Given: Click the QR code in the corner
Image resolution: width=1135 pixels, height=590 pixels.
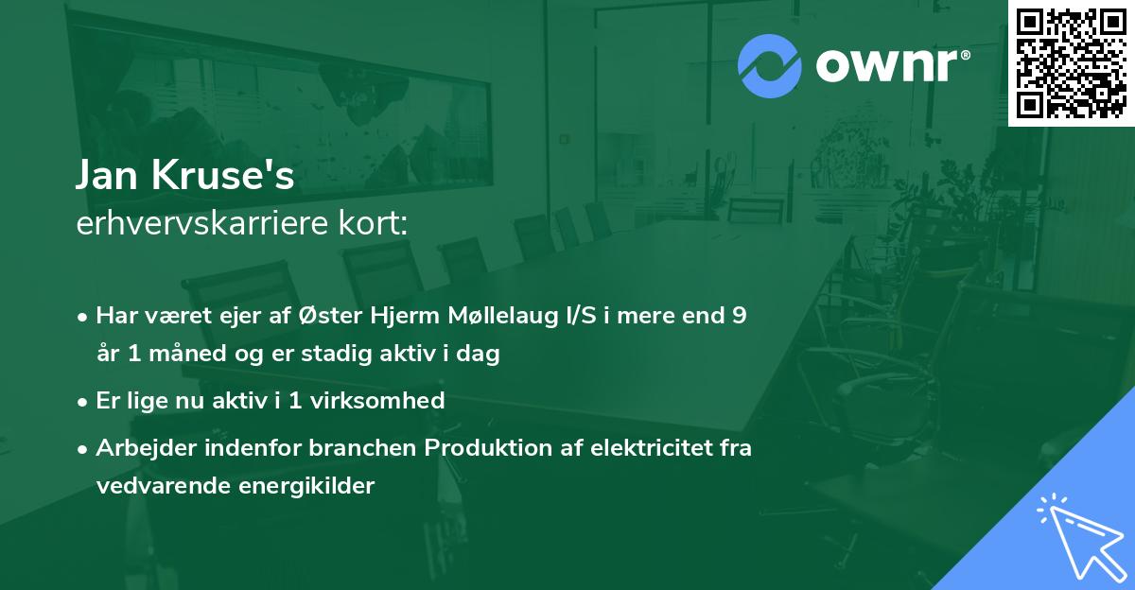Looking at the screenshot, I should click(1071, 62).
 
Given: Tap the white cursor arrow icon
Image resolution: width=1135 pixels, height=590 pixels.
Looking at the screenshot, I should click(1081, 538).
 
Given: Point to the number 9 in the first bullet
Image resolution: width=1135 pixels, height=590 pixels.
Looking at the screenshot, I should click(739, 316).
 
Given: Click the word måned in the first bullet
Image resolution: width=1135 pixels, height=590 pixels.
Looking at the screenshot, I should click(172, 355).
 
